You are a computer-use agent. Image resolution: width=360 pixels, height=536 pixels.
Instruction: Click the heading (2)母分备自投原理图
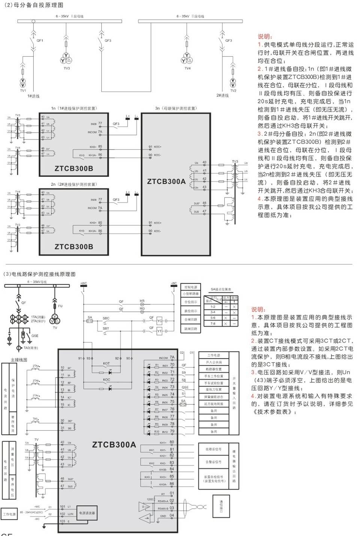[33, 5]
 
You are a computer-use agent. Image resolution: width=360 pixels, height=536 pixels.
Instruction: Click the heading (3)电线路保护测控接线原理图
[39, 274]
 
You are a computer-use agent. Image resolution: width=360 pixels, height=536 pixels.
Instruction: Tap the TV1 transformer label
[23, 90]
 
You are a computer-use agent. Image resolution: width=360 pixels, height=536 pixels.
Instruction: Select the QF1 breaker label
[40, 40]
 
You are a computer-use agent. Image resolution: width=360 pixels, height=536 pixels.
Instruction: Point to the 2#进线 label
[222, 96]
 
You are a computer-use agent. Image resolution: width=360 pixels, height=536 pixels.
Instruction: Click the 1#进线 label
[33, 96]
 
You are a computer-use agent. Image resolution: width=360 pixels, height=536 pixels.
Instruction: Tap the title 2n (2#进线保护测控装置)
[73, 184]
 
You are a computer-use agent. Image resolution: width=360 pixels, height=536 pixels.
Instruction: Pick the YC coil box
[159, 321]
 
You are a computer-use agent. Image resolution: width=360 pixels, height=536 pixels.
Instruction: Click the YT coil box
[159, 331]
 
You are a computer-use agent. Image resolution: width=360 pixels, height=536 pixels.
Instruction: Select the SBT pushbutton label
[106, 328]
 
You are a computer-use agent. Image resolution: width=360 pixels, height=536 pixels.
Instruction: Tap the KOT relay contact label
[106, 364]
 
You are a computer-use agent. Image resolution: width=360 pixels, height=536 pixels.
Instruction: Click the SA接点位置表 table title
[221, 289]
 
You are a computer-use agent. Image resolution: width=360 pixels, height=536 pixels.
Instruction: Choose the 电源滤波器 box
[87, 513]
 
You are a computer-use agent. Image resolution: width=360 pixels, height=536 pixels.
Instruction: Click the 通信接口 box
[221, 506]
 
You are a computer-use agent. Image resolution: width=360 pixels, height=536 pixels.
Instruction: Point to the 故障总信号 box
[213, 449]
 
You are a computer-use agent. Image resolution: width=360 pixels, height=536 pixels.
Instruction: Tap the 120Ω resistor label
[150, 499]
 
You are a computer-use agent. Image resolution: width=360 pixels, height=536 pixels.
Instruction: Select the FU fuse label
[60, 306]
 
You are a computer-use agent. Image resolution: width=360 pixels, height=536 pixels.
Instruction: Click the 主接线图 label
[19, 360]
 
